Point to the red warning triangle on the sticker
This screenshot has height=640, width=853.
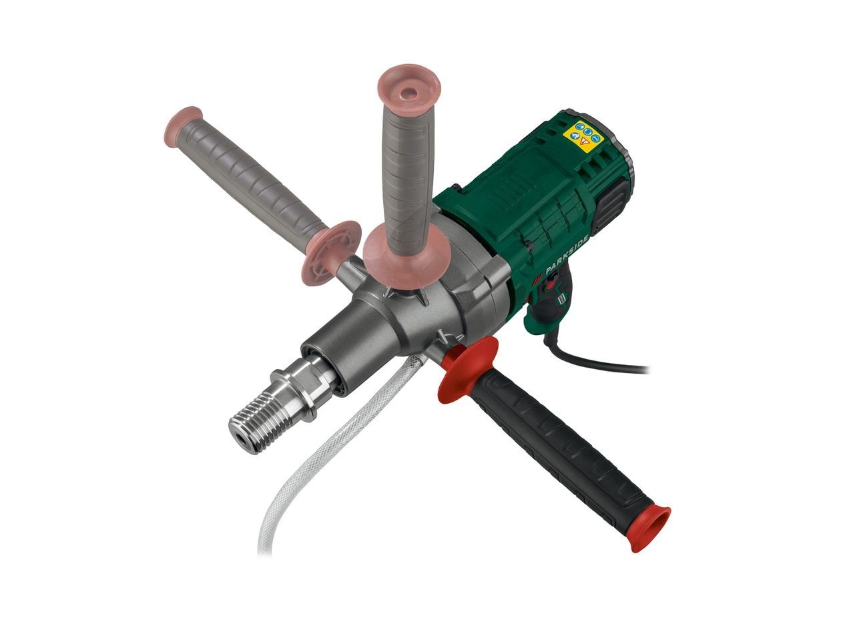(583, 141)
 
